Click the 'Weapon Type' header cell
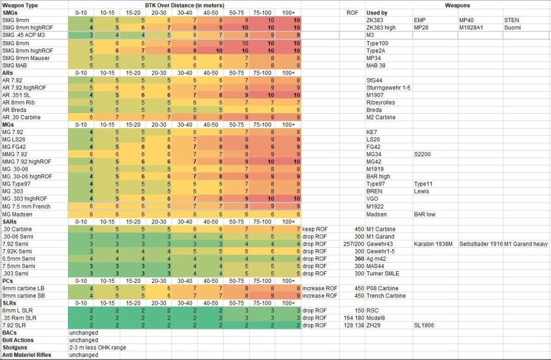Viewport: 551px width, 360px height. coord(20,5)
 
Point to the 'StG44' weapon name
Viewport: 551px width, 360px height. coord(374,80)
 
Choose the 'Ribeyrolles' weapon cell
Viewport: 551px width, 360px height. coord(381,102)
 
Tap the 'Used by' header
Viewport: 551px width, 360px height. coord(377,13)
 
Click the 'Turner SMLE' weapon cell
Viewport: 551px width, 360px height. coord(384,273)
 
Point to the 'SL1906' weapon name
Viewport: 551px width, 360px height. coord(425,324)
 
